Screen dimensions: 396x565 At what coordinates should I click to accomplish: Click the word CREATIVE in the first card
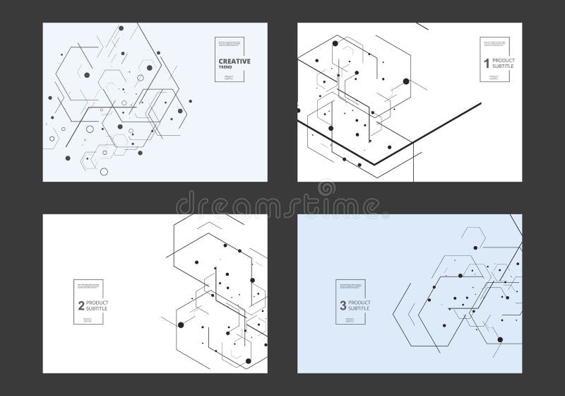tap(234, 62)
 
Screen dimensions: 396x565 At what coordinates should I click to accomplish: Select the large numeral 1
tap(486, 64)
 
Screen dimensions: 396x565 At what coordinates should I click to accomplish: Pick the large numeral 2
tap(81, 306)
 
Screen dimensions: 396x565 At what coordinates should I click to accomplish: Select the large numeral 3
tap(343, 306)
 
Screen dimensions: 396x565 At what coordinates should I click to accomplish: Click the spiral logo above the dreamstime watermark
tap(326, 188)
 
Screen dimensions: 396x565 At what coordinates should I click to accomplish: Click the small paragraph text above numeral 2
tap(88, 286)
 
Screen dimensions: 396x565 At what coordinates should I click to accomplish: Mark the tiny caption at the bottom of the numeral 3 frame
tap(351, 320)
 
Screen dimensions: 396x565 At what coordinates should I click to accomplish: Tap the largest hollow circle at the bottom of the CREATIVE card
tap(104, 171)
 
